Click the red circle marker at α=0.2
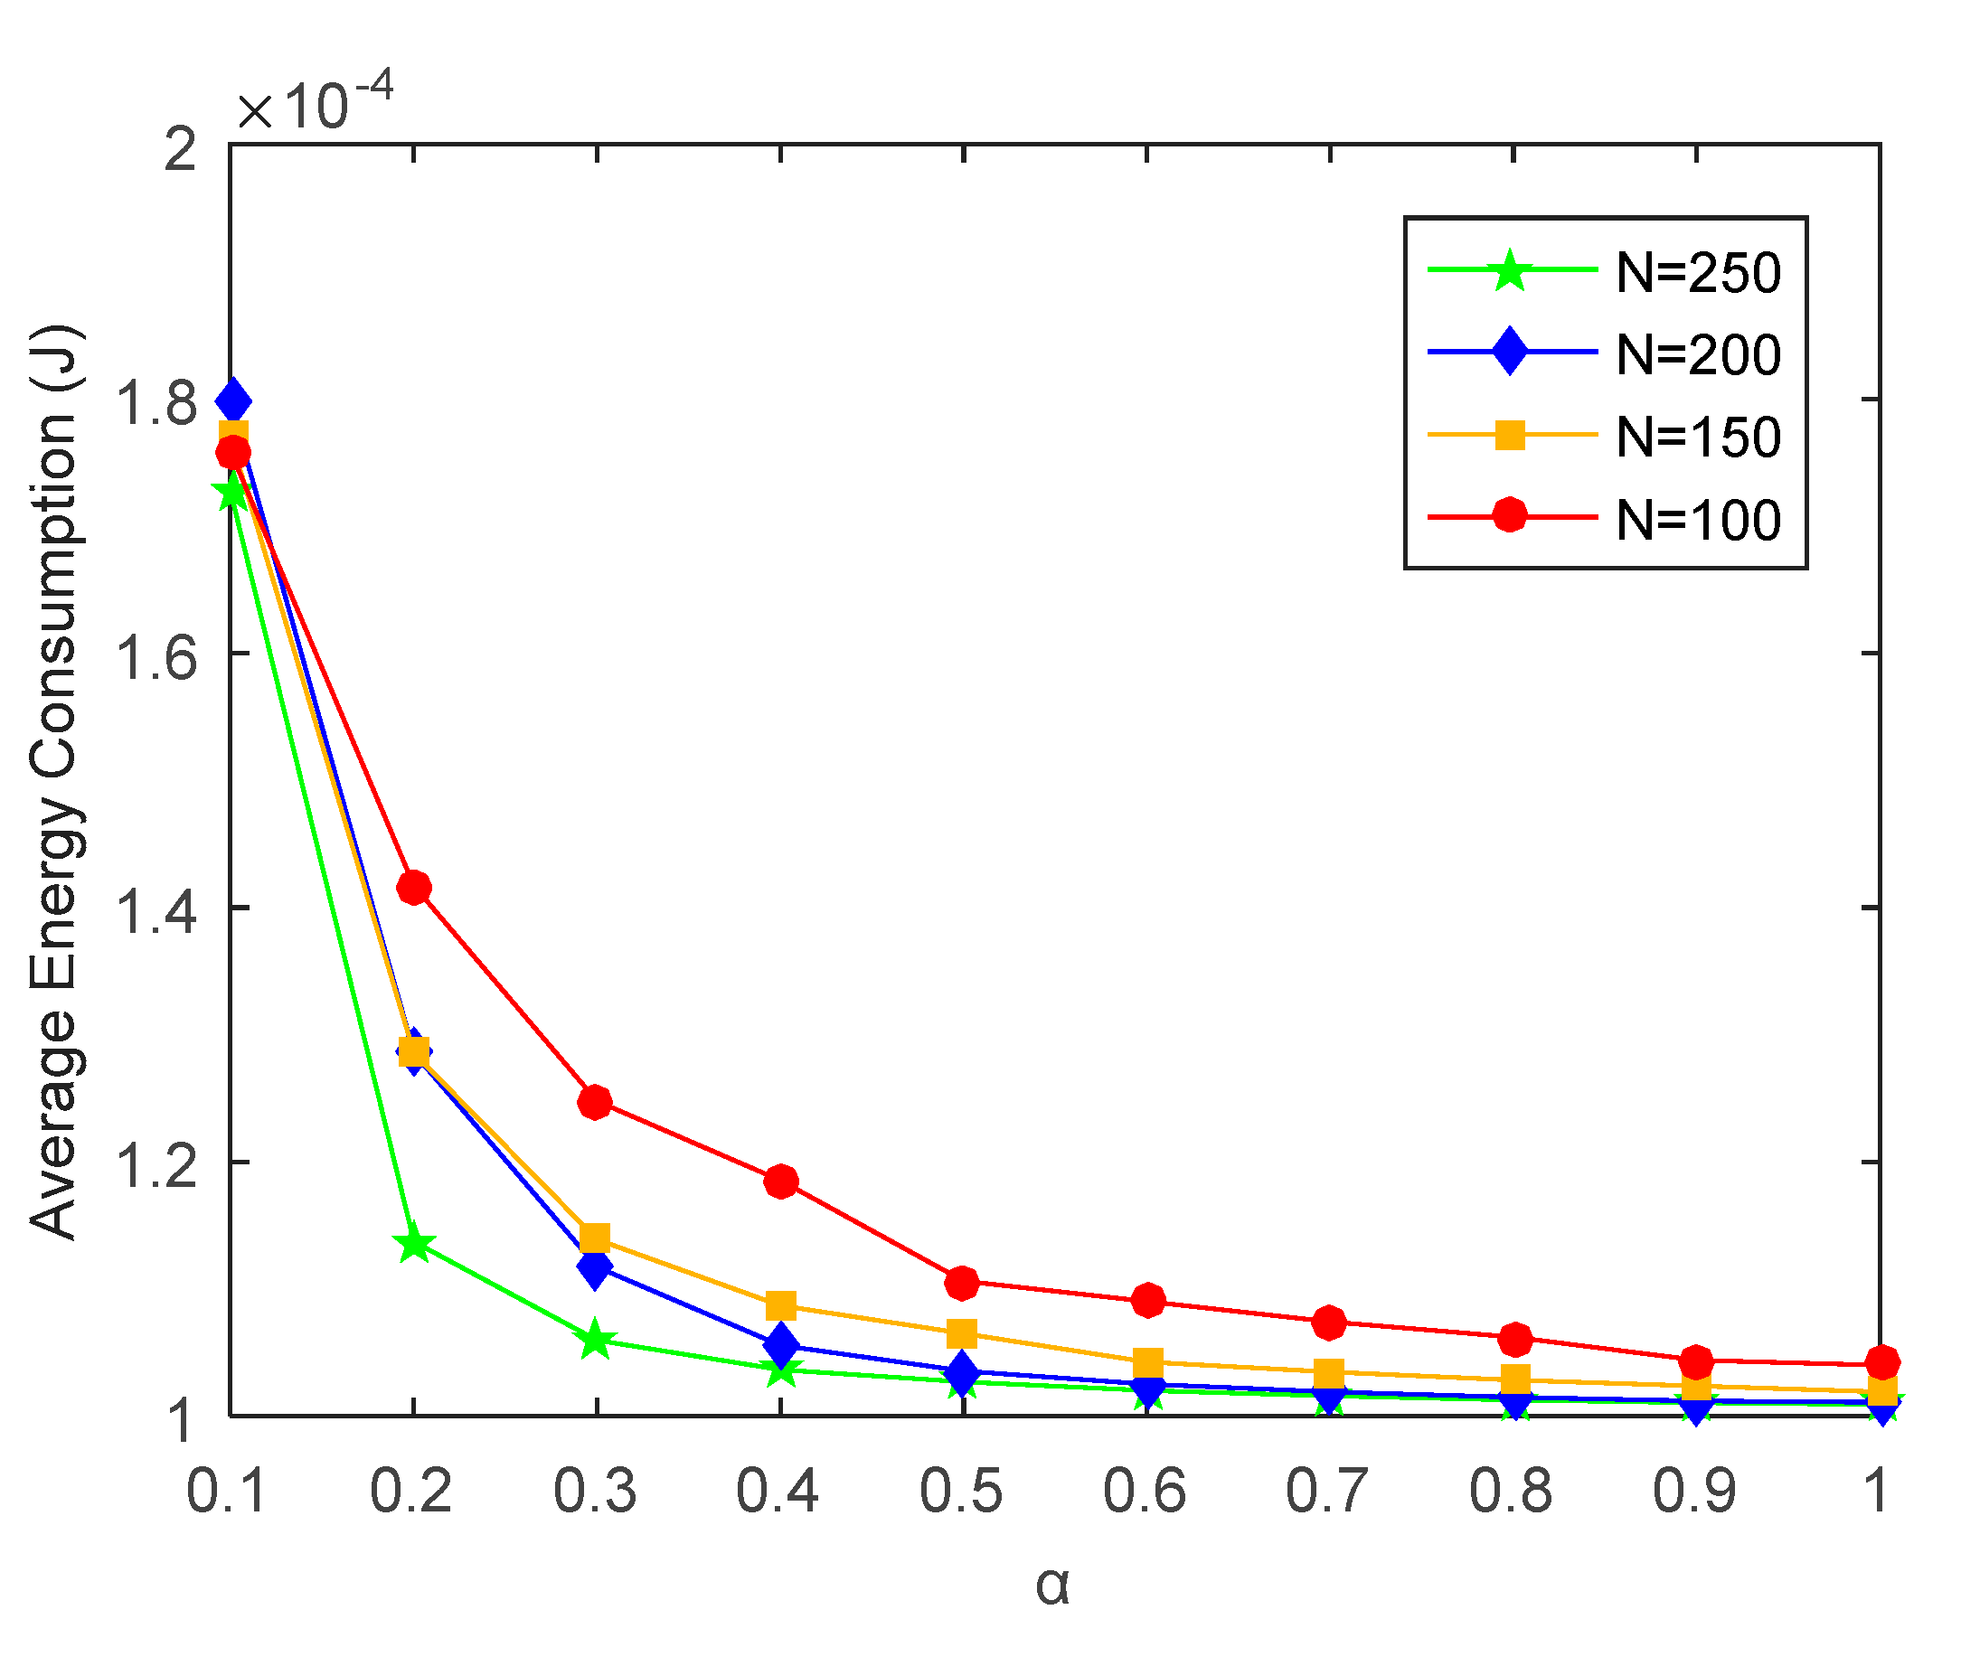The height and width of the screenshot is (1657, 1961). pyautogui.click(x=413, y=888)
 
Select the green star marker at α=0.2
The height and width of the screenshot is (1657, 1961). pyautogui.click(x=413, y=1246)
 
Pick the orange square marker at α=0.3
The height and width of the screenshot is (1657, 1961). pyautogui.click(x=595, y=1238)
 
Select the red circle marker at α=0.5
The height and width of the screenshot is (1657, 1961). pyautogui.click(x=962, y=1283)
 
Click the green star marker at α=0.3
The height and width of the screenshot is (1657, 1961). pyautogui.click(x=595, y=1341)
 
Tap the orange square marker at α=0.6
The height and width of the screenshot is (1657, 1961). pyautogui.click(x=1147, y=1362)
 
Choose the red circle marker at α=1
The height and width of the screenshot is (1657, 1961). pyautogui.click(x=1882, y=1362)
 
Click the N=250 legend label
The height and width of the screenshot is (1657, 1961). pyautogui.click(x=1698, y=273)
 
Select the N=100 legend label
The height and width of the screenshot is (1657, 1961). pyautogui.click(x=1698, y=521)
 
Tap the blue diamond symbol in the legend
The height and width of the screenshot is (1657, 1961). pyautogui.click(x=1510, y=352)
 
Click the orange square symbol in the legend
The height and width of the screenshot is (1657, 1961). pyautogui.click(x=1510, y=435)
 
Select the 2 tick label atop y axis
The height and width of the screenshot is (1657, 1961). pyautogui.click(x=181, y=148)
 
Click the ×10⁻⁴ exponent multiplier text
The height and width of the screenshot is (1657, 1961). pyautogui.click(x=314, y=103)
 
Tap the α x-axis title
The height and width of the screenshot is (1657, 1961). pyautogui.click(x=1052, y=1586)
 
